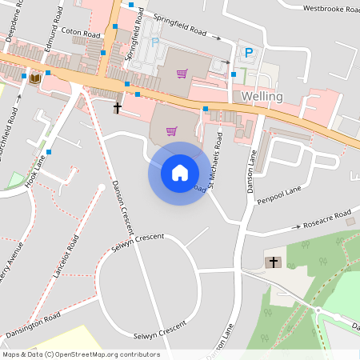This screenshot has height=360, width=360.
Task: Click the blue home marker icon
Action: [180, 173]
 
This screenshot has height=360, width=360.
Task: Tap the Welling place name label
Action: [262, 96]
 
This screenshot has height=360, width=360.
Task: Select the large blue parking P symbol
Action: [248, 53]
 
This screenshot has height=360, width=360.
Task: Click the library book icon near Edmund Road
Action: [35, 78]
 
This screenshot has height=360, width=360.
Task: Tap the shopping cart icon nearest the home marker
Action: [171, 131]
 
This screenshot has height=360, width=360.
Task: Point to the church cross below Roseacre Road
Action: [274, 262]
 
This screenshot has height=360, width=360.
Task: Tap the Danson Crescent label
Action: [123, 203]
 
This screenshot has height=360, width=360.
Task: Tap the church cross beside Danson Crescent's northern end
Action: [118, 106]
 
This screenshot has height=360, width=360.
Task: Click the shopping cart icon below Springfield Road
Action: [182, 74]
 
